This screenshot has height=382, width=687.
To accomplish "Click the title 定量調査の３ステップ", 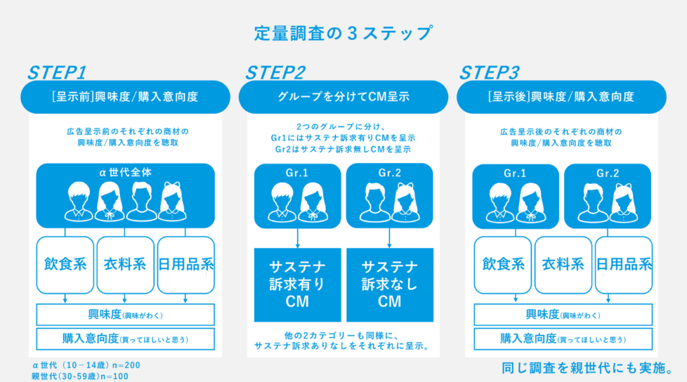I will pos(343,33).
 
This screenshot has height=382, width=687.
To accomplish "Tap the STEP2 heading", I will pos(275,72).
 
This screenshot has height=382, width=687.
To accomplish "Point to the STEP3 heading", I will pos(490,72).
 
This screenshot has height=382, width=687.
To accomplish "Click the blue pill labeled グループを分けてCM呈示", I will pos(343,97).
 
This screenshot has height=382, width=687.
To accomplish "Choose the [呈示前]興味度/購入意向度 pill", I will pos(125,97).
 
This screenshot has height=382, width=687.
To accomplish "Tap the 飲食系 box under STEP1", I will pos(65,265).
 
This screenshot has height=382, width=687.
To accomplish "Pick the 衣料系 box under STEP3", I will pos(563,265).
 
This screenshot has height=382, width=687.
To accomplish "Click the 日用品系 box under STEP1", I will pos(185,265).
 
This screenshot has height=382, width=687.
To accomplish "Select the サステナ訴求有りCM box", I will pos(297,284).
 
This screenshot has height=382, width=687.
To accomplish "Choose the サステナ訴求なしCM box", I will pos(389,284).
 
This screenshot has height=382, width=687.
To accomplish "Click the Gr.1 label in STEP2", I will pos(297,173).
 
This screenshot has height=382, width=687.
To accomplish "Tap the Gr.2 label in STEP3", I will pos(608,173).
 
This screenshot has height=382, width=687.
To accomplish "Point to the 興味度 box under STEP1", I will pos(125,315).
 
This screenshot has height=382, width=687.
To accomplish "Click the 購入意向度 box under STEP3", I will pos(563,338).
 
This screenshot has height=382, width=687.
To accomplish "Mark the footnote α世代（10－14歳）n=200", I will pos(86,366).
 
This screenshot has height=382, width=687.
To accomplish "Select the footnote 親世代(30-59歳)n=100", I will pos(80,376).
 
